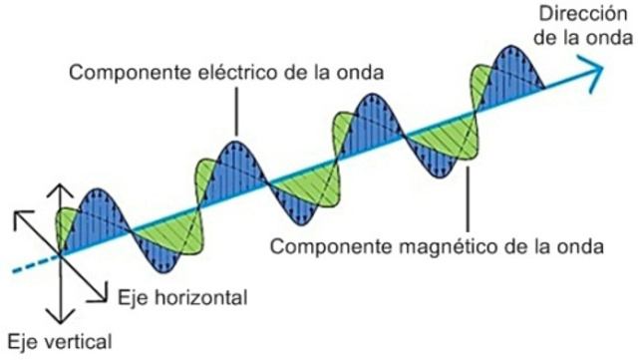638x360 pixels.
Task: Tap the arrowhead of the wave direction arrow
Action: click(x=595, y=69)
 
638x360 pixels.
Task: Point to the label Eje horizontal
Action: click(x=181, y=297)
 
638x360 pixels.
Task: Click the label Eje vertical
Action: click(x=57, y=340)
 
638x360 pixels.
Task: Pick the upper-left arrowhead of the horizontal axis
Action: click(x=19, y=214)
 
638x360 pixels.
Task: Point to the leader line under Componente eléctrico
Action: click(x=236, y=110)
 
